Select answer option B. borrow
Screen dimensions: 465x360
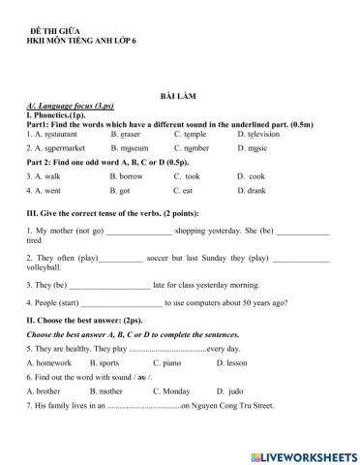(x=127, y=176)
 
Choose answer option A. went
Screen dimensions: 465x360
(x=48, y=191)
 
